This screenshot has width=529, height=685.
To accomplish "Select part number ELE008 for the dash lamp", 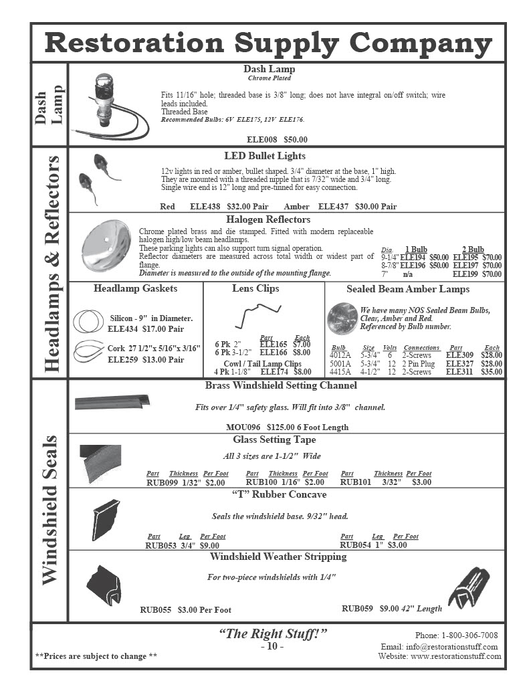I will pyautogui.click(x=261, y=140).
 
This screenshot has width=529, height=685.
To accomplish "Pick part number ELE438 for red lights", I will pyautogui.click(x=205, y=207).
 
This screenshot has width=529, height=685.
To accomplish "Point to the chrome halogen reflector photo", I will pyautogui.click(x=105, y=246).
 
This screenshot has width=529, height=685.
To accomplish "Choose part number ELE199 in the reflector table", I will pyautogui.click(x=465, y=274).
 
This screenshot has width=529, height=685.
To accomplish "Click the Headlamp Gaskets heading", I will pyautogui.click(x=136, y=288).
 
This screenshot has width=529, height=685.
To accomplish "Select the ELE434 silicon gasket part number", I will pyautogui.click(x=121, y=329).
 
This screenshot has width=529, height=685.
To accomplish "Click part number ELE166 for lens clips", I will pyautogui.click(x=274, y=352).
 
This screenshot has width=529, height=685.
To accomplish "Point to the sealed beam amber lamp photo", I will pyautogui.click(x=342, y=319).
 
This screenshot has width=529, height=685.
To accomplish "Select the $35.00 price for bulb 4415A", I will pyautogui.click(x=492, y=371).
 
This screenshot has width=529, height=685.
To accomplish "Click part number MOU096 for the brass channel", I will pyautogui.click(x=243, y=427).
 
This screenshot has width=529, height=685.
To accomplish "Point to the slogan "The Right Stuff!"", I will pyautogui.click(x=273, y=634).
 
